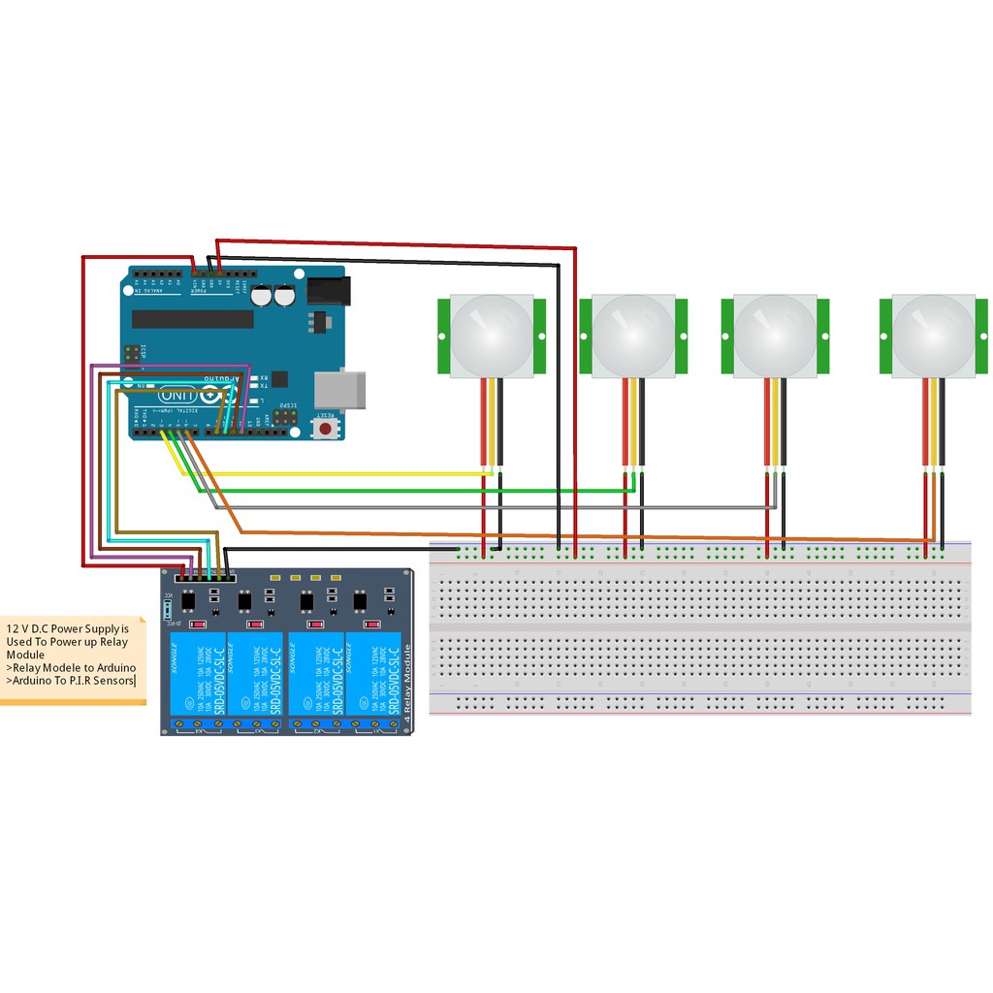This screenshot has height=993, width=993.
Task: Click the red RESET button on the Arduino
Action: pyautogui.click(x=327, y=426)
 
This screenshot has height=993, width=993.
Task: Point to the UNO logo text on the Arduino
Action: pyautogui.click(x=177, y=396)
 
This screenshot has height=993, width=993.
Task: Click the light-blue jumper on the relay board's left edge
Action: pyautogui.click(x=169, y=608)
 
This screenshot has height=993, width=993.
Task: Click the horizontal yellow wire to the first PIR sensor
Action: pyautogui.click(x=339, y=473)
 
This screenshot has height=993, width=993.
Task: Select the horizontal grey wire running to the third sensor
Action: pyautogui.click(x=485, y=506)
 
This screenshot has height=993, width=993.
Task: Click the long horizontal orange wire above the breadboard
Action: pyautogui.click(x=582, y=535)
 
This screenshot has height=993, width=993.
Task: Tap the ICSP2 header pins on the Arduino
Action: pyautogui.click(x=285, y=417)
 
